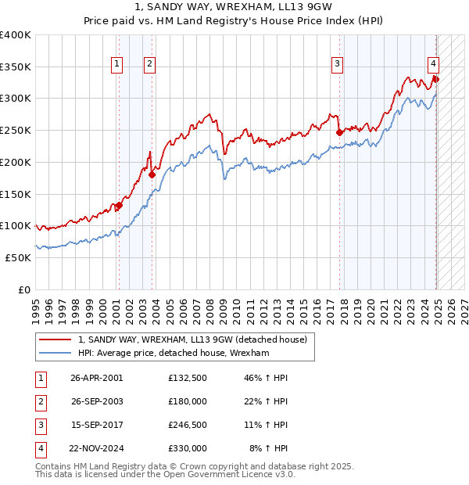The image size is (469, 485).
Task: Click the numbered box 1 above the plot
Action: tap(116, 64)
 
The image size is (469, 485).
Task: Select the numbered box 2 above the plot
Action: tap(149, 64)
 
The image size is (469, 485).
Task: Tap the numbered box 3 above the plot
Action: tap(338, 64)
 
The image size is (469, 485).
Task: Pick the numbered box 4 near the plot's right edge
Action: tap(433, 64)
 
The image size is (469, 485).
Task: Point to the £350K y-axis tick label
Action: tap(16, 66)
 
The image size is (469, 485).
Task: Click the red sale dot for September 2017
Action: tap(339, 132)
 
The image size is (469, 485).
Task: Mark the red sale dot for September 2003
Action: tap(152, 174)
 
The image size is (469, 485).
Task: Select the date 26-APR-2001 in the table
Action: tap(96, 378)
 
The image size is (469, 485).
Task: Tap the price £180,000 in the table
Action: tap(188, 401)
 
